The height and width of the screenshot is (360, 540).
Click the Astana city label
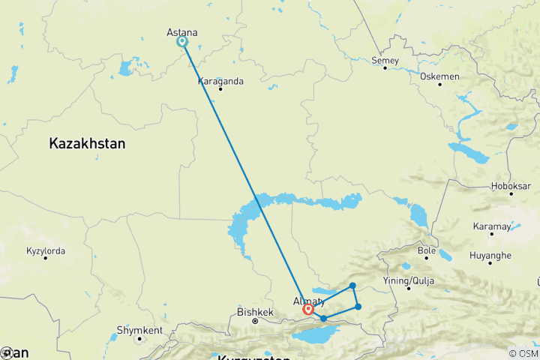pyautogui.click(x=181, y=32)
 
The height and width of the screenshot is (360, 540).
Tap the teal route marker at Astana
pyautogui.click(x=181, y=42)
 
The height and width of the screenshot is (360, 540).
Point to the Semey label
pyautogui.click(x=385, y=59)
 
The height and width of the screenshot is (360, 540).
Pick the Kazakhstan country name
pyautogui.click(x=87, y=143)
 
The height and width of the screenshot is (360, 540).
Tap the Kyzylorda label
pyautogui.click(x=46, y=250)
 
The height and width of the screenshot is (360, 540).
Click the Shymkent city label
pyautogui.click(x=139, y=330)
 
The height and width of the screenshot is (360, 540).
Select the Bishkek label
pyautogui.click(x=254, y=311)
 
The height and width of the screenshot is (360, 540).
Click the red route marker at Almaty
pyautogui.click(x=308, y=309)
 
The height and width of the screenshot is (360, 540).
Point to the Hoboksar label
pyautogui.click(x=511, y=186)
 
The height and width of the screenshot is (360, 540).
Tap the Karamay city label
pyautogui.click(x=493, y=226)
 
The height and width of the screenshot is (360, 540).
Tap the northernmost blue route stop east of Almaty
pyautogui.click(x=352, y=286)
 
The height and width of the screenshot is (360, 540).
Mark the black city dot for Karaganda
pyautogui.click(x=220, y=89)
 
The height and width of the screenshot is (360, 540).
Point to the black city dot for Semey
pyautogui.click(x=385, y=68)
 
